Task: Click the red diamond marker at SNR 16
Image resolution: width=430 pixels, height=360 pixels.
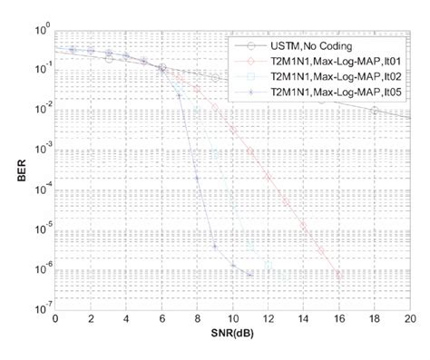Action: [337, 274]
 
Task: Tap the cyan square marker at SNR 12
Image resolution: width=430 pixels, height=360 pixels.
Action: [268, 265]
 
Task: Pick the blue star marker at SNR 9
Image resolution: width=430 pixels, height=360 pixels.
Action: [214, 246]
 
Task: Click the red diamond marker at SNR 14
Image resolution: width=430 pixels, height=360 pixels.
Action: [302, 224]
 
